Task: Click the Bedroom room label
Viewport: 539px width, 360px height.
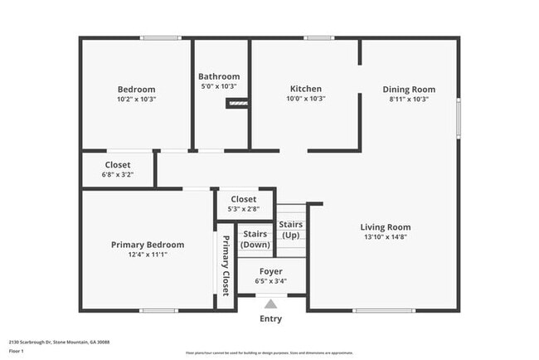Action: pyautogui.click(x=136, y=89)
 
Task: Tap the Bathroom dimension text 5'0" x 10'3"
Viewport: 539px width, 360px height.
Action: pyautogui.click(x=219, y=86)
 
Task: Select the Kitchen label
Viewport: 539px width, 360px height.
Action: pyautogui.click(x=305, y=89)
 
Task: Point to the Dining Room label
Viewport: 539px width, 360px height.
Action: pyautogui.click(x=408, y=90)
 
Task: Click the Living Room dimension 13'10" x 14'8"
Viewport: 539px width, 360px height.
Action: pyautogui.click(x=385, y=236)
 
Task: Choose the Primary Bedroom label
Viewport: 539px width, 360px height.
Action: pyautogui.click(x=148, y=245)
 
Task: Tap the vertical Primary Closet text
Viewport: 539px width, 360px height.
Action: pyautogui.click(x=225, y=264)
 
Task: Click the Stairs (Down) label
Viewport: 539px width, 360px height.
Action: pyautogui.click(x=255, y=239)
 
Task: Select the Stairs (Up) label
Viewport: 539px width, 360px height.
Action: pyautogui.click(x=290, y=229)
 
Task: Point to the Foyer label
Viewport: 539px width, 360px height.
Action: pyautogui.click(x=270, y=271)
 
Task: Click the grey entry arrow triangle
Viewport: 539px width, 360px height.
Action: pyautogui.click(x=270, y=304)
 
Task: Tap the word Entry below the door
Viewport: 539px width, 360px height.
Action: pyautogui.click(x=270, y=319)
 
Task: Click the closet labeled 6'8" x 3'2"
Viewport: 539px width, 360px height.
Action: pyautogui.click(x=117, y=169)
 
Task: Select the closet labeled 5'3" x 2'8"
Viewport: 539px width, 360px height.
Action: pyautogui.click(x=243, y=204)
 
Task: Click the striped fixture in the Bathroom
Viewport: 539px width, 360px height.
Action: pyautogui.click(x=237, y=103)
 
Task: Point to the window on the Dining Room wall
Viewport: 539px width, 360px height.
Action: pyautogui.click(x=458, y=116)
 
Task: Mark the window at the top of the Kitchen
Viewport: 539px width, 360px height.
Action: pyautogui.click(x=318, y=37)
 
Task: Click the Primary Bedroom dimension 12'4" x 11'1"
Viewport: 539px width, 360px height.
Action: pyautogui.click(x=148, y=255)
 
